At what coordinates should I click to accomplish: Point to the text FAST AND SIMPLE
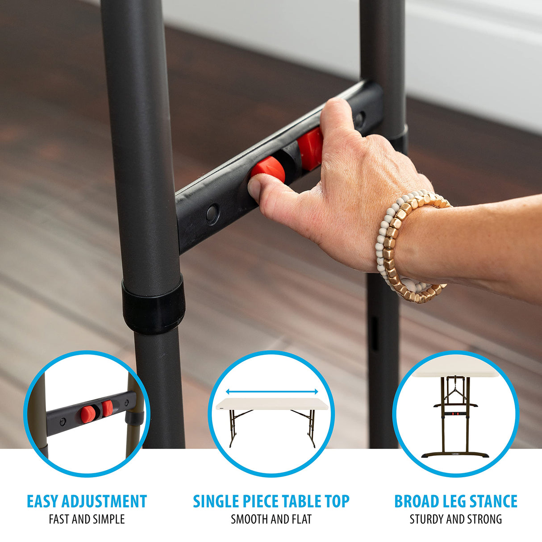point(87,504)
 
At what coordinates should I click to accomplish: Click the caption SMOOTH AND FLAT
point(271,504)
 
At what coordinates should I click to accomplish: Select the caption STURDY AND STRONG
point(456,504)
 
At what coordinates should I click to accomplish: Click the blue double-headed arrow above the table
point(272,392)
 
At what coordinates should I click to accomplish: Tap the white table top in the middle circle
point(272,404)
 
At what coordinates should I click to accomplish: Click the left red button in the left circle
point(87,413)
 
